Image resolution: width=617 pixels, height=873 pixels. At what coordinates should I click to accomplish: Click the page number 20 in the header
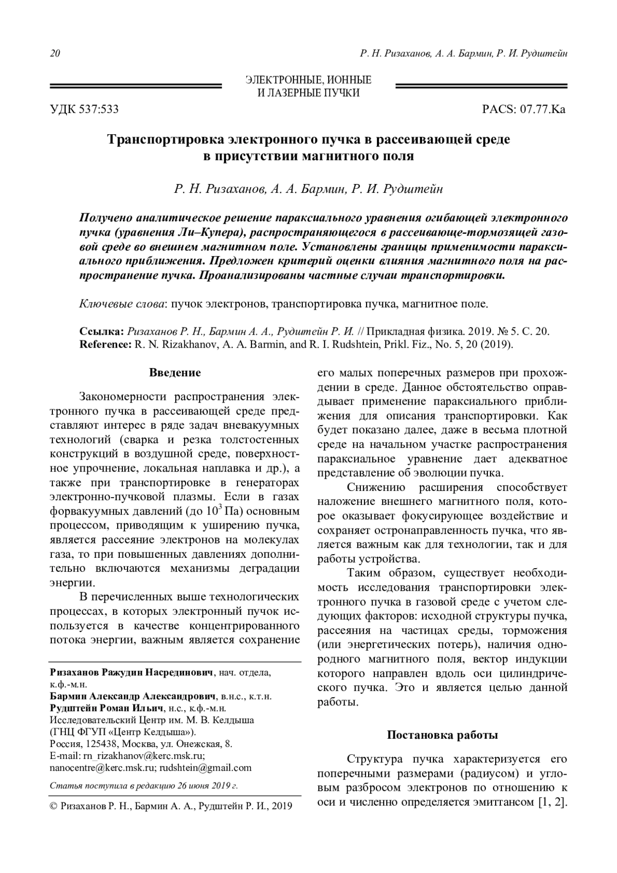(x=56, y=54)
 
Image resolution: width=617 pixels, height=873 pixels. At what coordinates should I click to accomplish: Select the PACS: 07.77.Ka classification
(x=524, y=110)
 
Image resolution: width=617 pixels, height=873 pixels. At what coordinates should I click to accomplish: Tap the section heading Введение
(x=175, y=372)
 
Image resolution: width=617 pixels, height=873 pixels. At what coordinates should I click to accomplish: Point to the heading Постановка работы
(x=442, y=735)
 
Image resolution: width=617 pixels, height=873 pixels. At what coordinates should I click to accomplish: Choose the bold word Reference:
(x=106, y=344)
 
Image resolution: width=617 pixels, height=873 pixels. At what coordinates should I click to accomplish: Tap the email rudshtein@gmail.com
(x=206, y=768)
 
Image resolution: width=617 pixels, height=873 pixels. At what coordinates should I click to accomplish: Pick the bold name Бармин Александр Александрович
(x=132, y=697)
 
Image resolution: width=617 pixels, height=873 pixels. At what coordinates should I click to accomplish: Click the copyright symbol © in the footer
(x=53, y=806)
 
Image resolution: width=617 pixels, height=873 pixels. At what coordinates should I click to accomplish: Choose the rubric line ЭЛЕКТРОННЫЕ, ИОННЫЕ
(x=308, y=80)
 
